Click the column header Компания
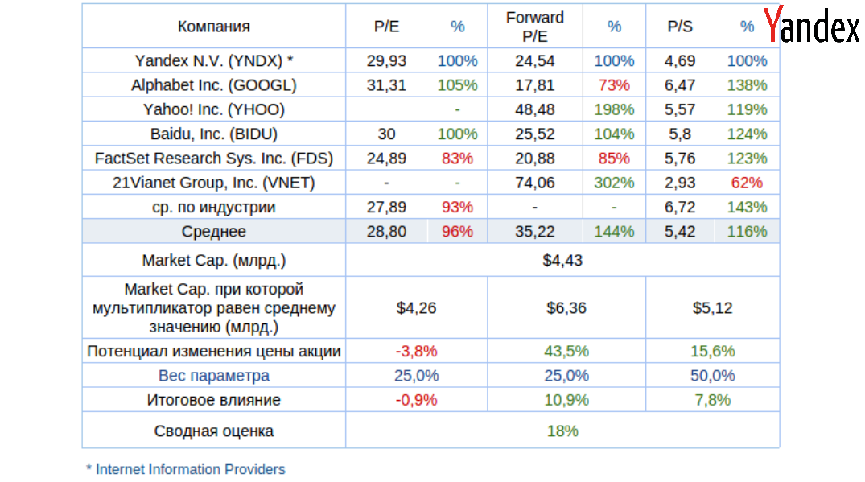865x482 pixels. pos(213,27)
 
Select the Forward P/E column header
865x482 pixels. pos(535,27)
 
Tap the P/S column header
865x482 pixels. pos(680,27)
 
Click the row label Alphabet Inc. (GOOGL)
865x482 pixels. pos(213,85)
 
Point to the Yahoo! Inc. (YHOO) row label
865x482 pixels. pos(213,109)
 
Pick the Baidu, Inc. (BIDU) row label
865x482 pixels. pos(213,134)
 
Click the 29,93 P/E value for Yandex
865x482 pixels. pos(386,61)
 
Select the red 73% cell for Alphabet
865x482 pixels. pos(614,85)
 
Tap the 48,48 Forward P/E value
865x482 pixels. pos(535,109)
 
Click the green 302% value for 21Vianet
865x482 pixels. pos(614,183)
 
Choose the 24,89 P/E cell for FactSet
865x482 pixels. pos(386,159)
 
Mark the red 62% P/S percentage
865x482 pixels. pos(747,183)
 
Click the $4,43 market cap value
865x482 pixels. pos(562,261)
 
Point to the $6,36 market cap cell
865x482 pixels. pos(566,307)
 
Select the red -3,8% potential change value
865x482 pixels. pos(416,352)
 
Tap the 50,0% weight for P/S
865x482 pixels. pos(712,376)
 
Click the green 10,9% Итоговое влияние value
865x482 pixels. pos(566,400)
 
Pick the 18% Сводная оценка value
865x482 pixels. pos(562,431)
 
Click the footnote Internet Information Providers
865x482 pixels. pos(190,469)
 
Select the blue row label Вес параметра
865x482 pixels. pos(213,376)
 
